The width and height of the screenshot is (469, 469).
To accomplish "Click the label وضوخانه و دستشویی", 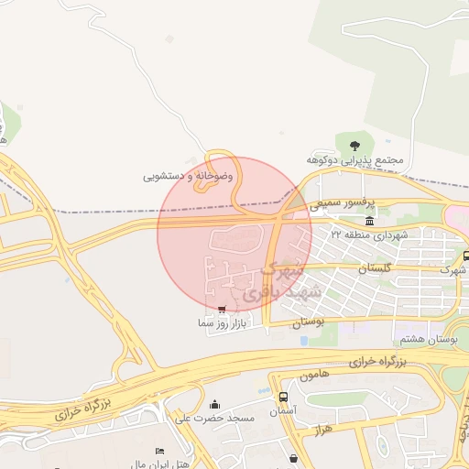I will tap(188, 175).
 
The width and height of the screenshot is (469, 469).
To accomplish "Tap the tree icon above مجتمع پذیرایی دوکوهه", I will tap(354, 143).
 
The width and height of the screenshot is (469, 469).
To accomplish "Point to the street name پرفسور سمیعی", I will tap(338, 206).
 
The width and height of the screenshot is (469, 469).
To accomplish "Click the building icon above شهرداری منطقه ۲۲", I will tap(369, 222).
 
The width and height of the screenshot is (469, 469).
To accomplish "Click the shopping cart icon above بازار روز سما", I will tap(223, 310).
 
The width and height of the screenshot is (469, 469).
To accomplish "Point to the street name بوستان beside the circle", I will tap(308, 322).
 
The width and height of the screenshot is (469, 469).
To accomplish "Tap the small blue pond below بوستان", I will tap(303, 341).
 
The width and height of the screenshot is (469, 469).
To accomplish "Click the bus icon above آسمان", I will tap(283, 398).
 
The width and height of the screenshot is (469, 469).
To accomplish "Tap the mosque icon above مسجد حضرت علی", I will tap(214, 405).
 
